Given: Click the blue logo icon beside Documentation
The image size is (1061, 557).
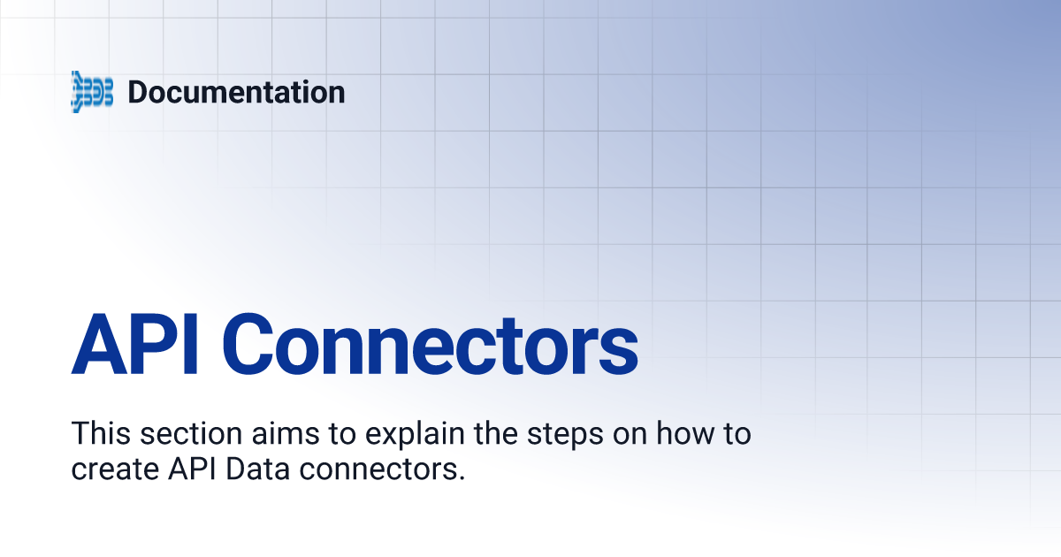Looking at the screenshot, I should (92, 92).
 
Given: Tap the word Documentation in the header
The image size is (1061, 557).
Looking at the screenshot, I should (236, 92).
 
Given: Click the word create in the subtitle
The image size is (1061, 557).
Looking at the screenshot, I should (114, 469).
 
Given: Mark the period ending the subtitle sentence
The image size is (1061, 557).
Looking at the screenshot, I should (462, 477).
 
